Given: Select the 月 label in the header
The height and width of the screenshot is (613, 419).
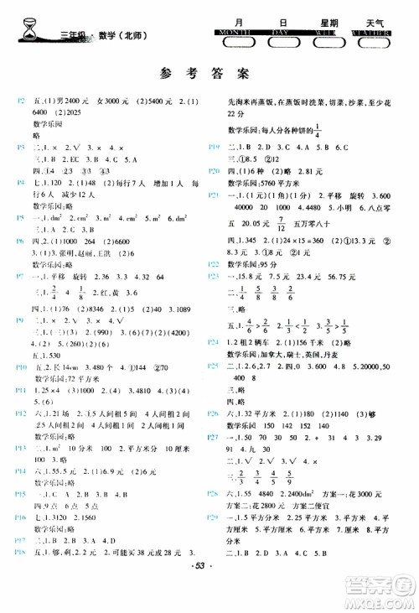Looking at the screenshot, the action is [241, 23].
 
